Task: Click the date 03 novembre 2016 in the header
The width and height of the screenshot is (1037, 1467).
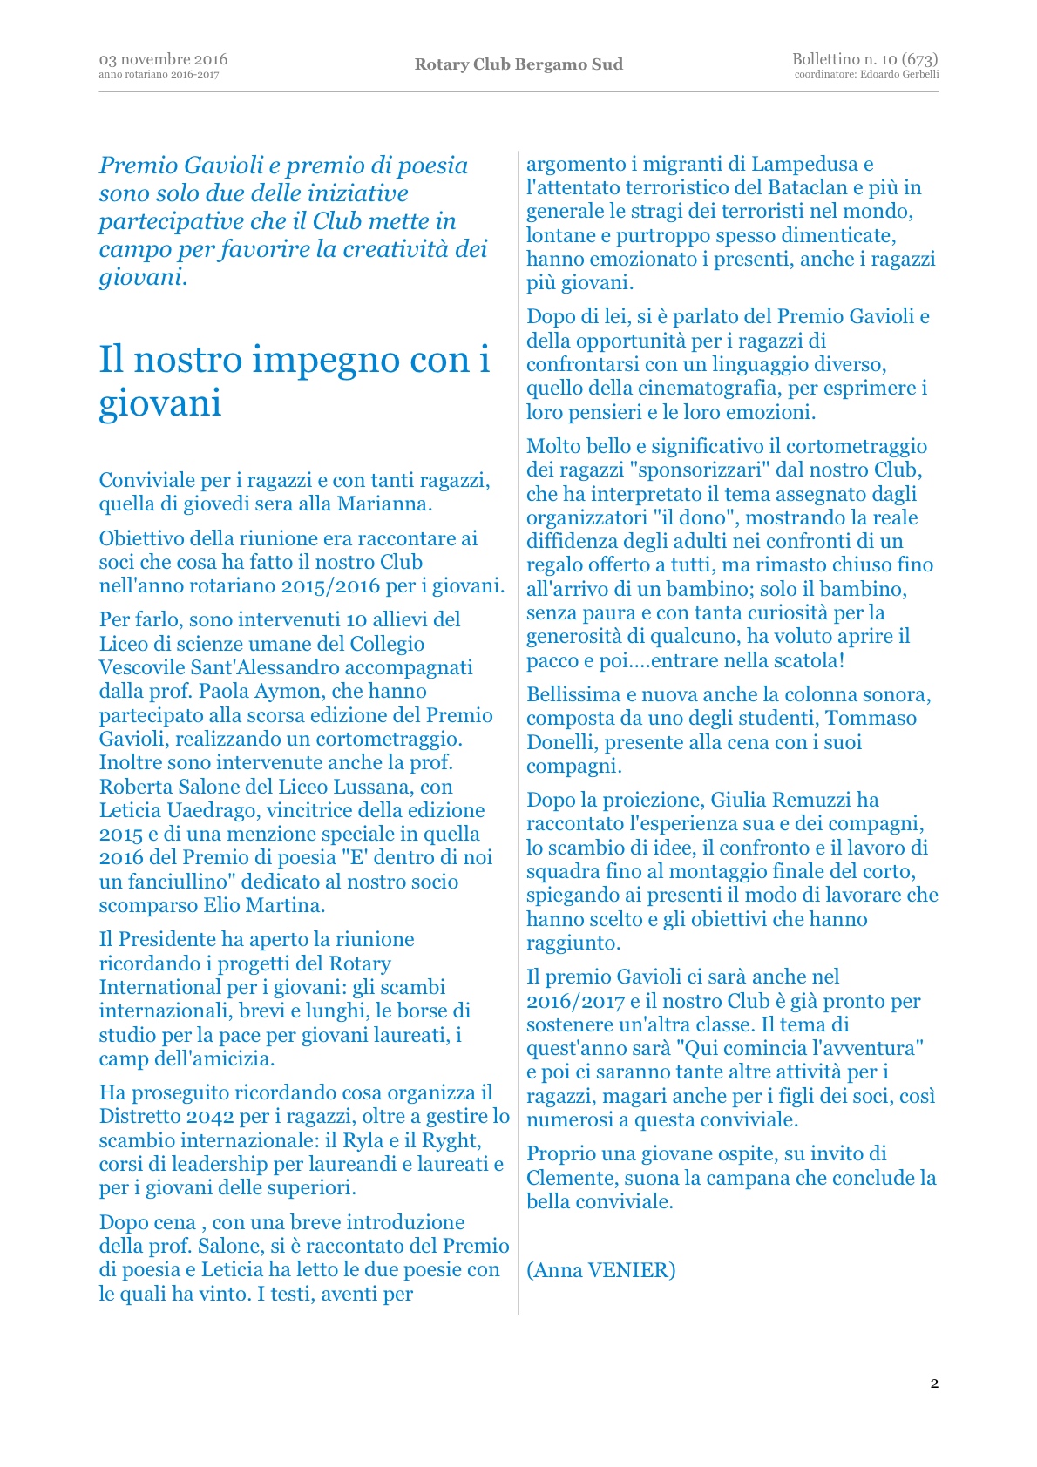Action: coord(163,59)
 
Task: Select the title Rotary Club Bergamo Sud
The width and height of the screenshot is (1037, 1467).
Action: coord(518,64)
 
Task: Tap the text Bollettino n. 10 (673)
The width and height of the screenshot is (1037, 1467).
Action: coord(864,59)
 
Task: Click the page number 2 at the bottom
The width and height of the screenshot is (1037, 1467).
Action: coord(934,1383)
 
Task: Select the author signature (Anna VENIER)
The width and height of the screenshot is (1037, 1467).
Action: coord(600,1270)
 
